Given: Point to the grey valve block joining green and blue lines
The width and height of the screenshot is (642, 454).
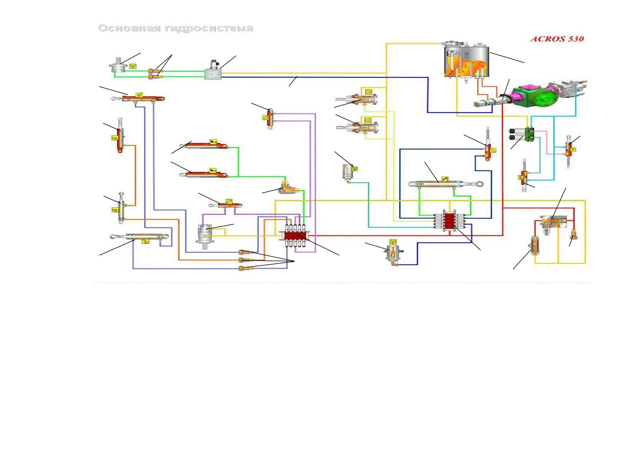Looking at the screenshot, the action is [213, 71].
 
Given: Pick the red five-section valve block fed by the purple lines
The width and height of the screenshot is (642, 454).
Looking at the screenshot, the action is [295, 236].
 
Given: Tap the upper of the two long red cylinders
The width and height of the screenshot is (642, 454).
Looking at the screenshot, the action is [204, 146].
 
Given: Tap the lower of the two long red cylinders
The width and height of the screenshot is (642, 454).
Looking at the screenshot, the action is [204, 175].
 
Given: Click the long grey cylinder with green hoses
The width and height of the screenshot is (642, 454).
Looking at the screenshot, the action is [446, 184].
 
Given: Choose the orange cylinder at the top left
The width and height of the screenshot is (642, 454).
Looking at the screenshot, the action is [138, 98].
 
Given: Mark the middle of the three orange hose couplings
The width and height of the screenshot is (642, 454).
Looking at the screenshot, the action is [246, 260].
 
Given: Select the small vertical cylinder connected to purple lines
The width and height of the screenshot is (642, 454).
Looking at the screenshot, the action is [270, 119].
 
